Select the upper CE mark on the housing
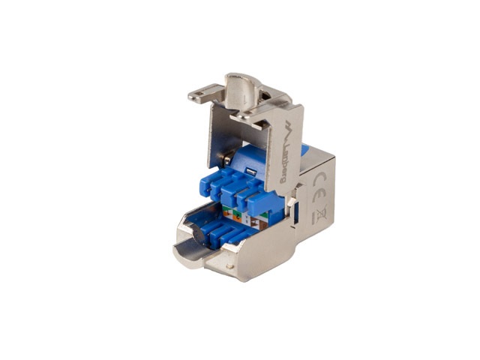[317, 179]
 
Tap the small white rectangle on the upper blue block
[253, 172]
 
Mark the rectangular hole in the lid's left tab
[196, 96]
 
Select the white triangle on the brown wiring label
[263, 220]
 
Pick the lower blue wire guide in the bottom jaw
[217, 228]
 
